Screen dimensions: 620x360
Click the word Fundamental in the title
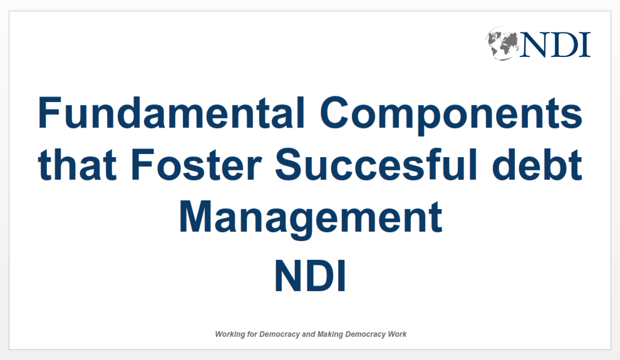click(172, 113)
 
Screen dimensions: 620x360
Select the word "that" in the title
click(77, 165)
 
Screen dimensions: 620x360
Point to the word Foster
click(196, 165)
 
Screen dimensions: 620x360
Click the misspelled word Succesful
click(376, 165)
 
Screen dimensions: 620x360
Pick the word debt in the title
click(537, 165)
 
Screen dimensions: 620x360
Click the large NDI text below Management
click(311, 276)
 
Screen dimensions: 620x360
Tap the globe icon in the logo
click(502, 43)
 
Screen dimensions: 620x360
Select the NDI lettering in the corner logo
click(555, 44)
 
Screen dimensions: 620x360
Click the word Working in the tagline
click(230, 335)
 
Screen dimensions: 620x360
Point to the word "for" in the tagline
click(252, 334)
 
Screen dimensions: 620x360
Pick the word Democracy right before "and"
click(279, 335)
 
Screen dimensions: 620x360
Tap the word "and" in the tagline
click(308, 334)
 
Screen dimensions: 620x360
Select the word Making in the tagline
click(330, 335)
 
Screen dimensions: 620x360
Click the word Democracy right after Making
click(365, 335)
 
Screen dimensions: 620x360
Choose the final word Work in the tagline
click(397, 334)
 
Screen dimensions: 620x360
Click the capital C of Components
click(334, 113)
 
